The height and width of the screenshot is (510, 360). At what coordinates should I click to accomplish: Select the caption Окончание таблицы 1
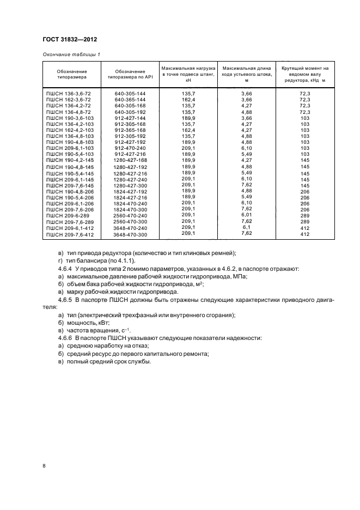click(71, 54)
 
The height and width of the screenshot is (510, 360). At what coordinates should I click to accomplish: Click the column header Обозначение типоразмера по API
click(130, 75)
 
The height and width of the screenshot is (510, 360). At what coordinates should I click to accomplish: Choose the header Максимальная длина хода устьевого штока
click(247, 75)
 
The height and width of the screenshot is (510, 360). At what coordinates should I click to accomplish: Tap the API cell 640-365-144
click(130, 100)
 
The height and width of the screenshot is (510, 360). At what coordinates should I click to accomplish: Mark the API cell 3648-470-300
click(130, 234)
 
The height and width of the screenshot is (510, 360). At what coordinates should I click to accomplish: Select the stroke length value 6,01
click(247, 215)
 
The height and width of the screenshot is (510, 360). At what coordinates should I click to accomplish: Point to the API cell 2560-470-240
click(130, 215)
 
